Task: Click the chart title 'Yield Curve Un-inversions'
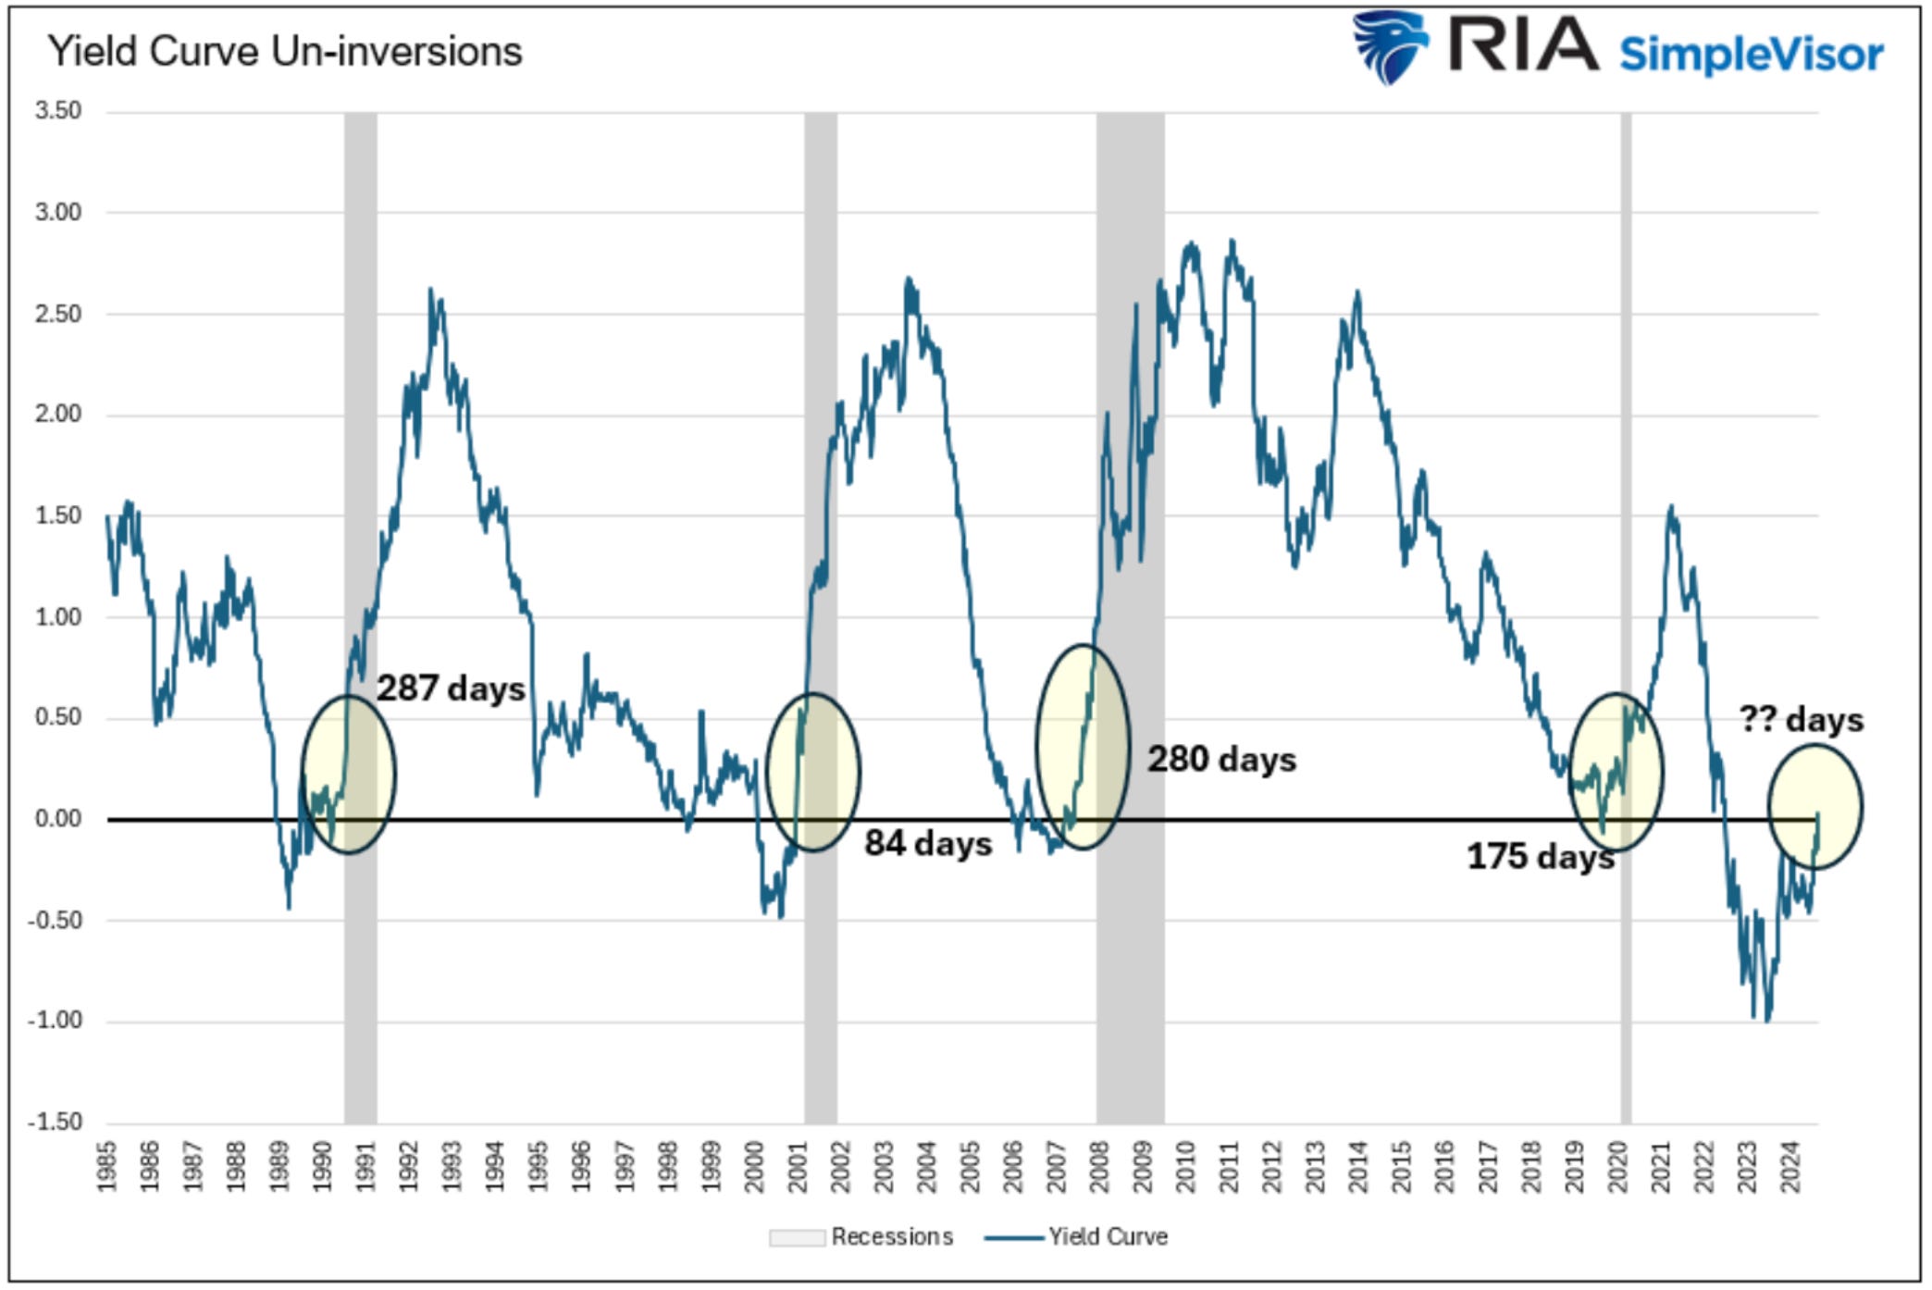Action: pyautogui.click(x=285, y=52)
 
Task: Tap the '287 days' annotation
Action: pyautogui.click(x=451, y=688)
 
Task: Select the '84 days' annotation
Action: pyautogui.click(x=928, y=844)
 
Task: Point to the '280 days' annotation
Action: pyautogui.click(x=1221, y=760)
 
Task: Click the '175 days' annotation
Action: pyautogui.click(x=1540, y=857)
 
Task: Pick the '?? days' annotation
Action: pyautogui.click(x=1801, y=720)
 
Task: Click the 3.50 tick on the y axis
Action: pyautogui.click(x=58, y=111)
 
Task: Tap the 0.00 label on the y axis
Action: pyautogui.click(x=58, y=819)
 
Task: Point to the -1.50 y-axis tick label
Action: pyautogui.click(x=55, y=1122)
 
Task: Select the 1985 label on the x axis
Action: pyautogui.click(x=107, y=1167)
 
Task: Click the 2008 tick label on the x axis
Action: pyautogui.click(x=1099, y=1167)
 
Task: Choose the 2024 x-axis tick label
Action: pyautogui.click(x=1790, y=1167)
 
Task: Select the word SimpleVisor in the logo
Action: pyautogui.click(x=1751, y=54)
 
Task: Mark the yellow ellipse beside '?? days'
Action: pyautogui.click(x=1814, y=807)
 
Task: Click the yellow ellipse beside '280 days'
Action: pyautogui.click(x=1083, y=746)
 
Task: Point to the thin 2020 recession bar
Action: pyautogui.click(x=1626, y=463)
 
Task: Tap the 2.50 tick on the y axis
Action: pyautogui.click(x=58, y=314)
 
